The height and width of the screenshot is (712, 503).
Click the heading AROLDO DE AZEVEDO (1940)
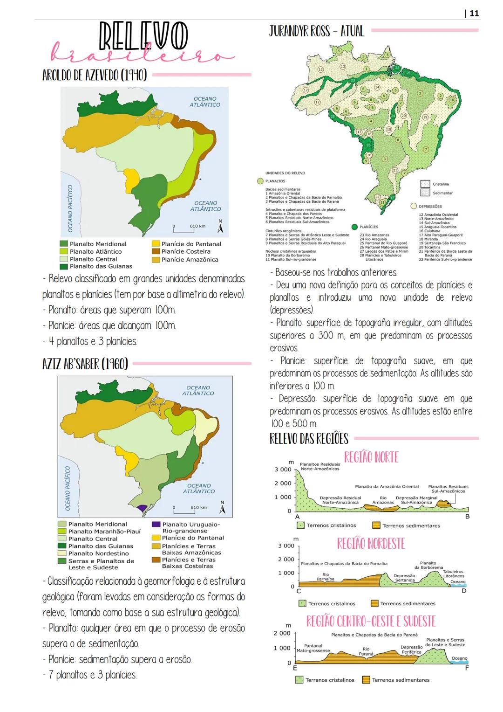tap(95, 75)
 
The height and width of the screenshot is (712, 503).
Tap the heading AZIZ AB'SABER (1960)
tap(85, 364)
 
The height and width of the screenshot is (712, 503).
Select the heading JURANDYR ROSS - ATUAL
tap(317, 31)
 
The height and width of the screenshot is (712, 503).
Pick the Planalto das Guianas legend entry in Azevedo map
tap(101, 266)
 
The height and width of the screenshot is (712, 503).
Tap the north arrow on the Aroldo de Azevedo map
tap(221, 228)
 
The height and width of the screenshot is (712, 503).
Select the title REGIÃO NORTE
tap(371, 457)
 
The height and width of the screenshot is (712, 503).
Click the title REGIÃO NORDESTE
tap(371, 544)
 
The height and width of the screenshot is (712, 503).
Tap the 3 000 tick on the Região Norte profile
tap(283, 469)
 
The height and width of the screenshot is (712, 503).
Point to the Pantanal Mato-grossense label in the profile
tap(313, 648)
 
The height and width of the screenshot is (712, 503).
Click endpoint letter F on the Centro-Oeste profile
tap(467, 668)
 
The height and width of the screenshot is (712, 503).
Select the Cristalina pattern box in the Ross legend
tap(425, 184)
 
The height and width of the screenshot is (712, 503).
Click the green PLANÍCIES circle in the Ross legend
tap(354, 227)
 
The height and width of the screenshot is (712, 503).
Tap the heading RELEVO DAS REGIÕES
tap(309, 439)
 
